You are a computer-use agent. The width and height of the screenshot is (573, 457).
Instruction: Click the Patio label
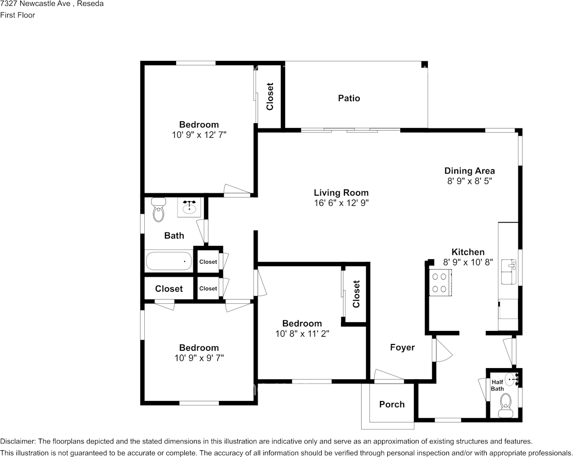[x=349, y=98]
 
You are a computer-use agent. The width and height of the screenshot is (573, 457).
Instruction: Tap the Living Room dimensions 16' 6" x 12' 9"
[x=341, y=203]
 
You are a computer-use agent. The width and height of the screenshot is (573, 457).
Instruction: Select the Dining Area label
[x=469, y=171]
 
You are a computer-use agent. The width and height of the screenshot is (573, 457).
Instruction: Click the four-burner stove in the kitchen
[x=439, y=283]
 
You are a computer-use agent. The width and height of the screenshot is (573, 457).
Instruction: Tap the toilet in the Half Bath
[x=505, y=402]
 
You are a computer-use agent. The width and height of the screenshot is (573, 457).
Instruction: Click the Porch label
[x=392, y=404]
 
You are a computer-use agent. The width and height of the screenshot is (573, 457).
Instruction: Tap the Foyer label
[x=402, y=347]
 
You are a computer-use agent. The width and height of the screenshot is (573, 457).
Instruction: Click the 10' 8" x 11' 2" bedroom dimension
[x=302, y=333]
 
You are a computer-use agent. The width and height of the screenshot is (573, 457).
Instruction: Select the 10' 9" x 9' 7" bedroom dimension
[x=199, y=358]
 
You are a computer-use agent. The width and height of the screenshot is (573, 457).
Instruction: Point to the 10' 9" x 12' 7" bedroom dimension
[x=199, y=135]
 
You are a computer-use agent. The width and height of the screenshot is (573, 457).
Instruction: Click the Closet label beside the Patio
[x=270, y=96]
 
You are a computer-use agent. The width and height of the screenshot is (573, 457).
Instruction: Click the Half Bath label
[x=497, y=385]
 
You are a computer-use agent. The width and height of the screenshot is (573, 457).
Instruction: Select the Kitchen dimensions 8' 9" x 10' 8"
[x=468, y=262]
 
